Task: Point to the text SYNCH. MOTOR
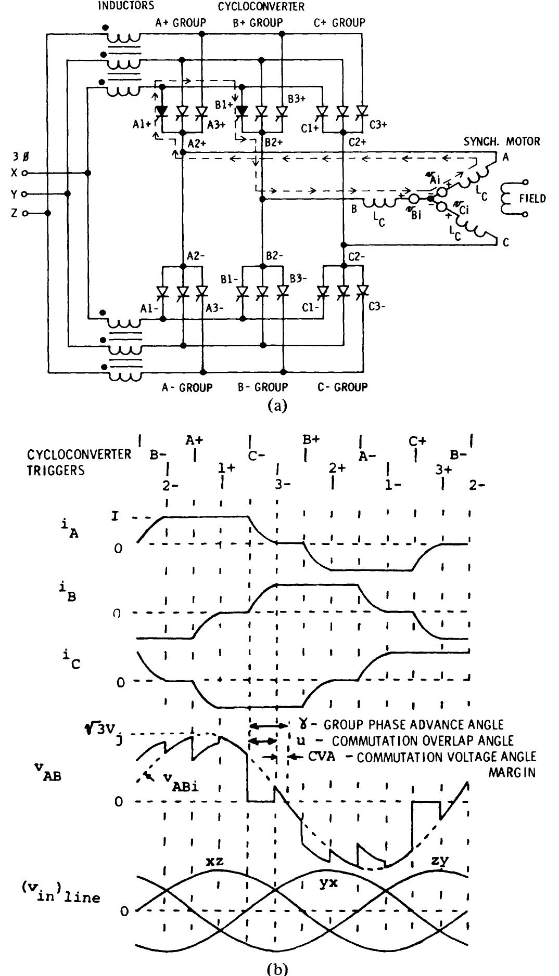click(x=502, y=141)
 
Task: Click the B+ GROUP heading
click(x=258, y=22)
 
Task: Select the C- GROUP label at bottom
click(x=341, y=387)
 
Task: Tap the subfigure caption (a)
click(x=276, y=406)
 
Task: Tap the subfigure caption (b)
click(x=276, y=969)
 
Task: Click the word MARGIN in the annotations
click(x=512, y=772)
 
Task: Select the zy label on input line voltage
click(x=440, y=861)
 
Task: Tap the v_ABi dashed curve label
click(x=174, y=782)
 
